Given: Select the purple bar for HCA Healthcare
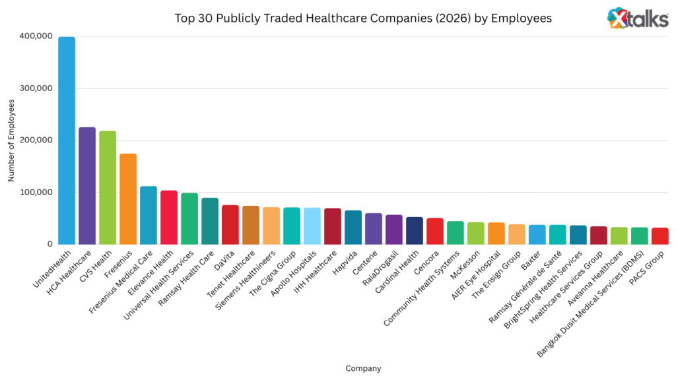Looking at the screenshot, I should point(87,185).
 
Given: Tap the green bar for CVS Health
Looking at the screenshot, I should point(108,187).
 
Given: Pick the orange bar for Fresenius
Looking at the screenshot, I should point(128,199).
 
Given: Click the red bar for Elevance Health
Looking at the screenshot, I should point(169,217).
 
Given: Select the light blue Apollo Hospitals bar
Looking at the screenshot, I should point(312,226).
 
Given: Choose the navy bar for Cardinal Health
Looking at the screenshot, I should point(414,230).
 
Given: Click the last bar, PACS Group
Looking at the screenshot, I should point(659,236).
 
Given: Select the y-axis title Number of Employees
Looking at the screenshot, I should point(11,141).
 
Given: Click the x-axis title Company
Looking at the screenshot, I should point(362,368).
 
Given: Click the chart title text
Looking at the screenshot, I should point(362,18).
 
